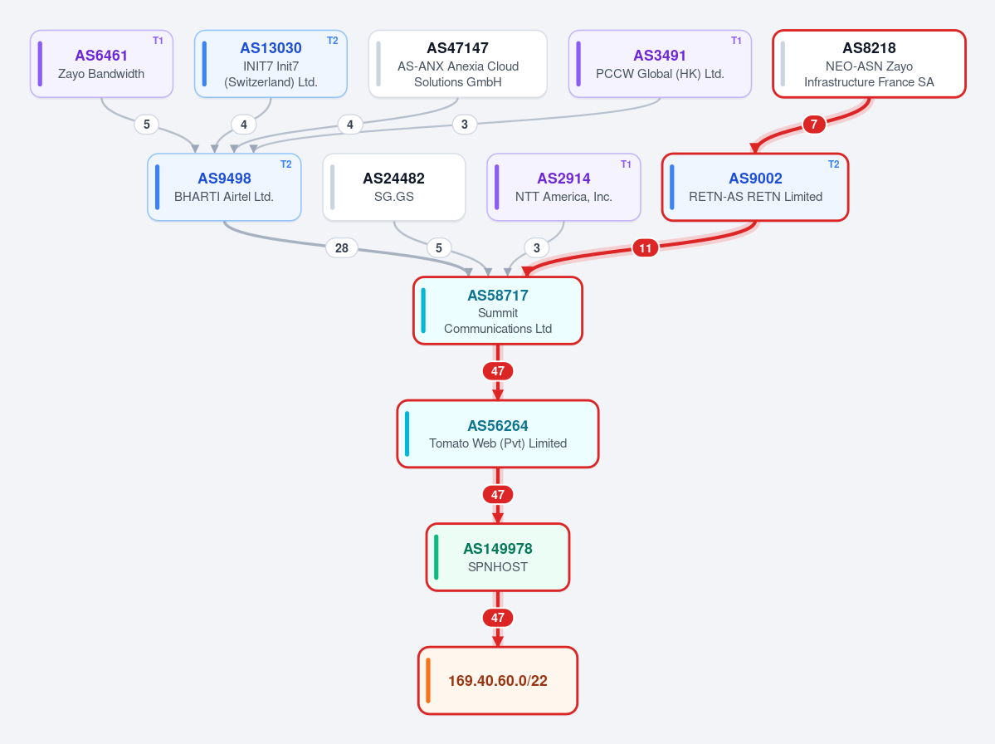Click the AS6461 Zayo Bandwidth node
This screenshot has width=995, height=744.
(x=101, y=64)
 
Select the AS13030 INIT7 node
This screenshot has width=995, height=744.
(x=271, y=64)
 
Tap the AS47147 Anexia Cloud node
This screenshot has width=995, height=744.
(x=457, y=64)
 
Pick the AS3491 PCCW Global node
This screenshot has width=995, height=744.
(x=660, y=64)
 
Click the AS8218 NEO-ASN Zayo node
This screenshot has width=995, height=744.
(x=870, y=64)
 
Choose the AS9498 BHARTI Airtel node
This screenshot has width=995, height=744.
(x=224, y=188)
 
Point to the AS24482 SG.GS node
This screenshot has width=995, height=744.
(x=394, y=188)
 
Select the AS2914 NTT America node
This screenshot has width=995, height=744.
(x=563, y=188)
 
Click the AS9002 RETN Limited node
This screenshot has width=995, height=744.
(x=755, y=188)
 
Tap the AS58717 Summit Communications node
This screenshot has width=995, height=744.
(x=498, y=311)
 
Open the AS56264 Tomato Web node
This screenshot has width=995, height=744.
(x=498, y=434)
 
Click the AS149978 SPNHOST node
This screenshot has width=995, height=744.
(x=498, y=557)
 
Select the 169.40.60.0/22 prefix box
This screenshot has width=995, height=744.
(x=498, y=681)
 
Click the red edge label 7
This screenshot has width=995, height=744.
(x=814, y=125)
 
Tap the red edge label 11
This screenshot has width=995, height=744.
(x=646, y=248)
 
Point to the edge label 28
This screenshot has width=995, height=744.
(x=341, y=248)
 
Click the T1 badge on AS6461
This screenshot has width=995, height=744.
(x=158, y=41)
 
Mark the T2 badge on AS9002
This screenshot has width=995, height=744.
(x=834, y=164)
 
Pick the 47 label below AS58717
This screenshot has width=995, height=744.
(x=498, y=371)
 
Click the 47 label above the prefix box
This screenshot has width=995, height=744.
(x=498, y=618)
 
